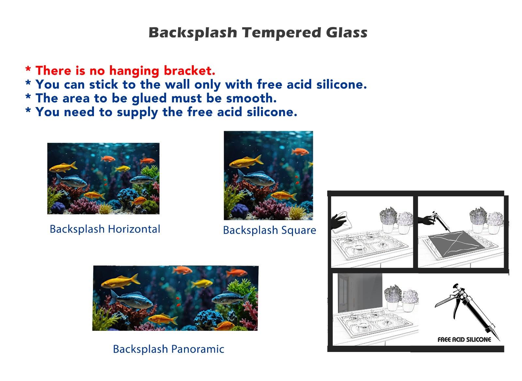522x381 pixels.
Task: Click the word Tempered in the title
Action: tap(282, 33)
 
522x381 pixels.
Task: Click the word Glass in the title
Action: tap(347, 32)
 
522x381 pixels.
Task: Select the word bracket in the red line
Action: tap(190, 70)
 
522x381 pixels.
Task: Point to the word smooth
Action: tap(251, 98)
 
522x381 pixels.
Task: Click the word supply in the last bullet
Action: tap(137, 113)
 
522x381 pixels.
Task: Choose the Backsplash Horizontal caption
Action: tap(105, 229)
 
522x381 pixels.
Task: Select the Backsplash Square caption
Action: tap(269, 231)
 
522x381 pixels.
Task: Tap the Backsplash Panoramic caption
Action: tap(168, 349)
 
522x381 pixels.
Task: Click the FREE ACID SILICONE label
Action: tap(464, 340)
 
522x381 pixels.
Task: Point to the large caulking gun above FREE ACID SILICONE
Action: tap(466, 310)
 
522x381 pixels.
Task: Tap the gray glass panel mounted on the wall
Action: tap(360, 293)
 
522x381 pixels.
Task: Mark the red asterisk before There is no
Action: tap(28, 69)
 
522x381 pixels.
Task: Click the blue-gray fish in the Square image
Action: tap(256, 178)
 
